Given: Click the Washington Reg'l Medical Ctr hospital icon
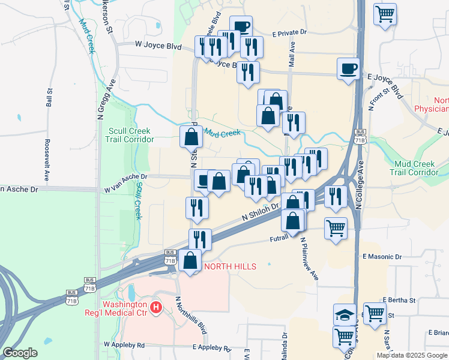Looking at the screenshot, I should pyautogui.click(x=156, y=308).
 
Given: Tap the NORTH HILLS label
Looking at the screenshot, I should pyautogui.click(x=231, y=266).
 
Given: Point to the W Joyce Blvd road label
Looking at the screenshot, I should pyautogui.click(x=158, y=44).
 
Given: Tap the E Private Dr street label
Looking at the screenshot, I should pyautogui.click(x=289, y=34).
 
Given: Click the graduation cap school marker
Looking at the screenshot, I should pyautogui.click(x=344, y=314).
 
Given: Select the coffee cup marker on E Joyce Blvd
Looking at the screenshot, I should pyautogui.click(x=348, y=69).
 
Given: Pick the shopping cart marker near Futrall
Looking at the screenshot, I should pyautogui.click(x=336, y=227).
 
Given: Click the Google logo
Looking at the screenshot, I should pyautogui.click(x=20, y=353).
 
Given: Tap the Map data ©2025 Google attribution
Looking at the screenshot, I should pyautogui.click(x=412, y=355).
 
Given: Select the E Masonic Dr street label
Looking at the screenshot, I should pyautogui.click(x=382, y=257).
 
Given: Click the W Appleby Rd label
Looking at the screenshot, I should pyautogui.click(x=124, y=345).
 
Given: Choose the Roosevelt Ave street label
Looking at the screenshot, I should pyautogui.click(x=47, y=160).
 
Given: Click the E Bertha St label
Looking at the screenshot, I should pyautogui.click(x=399, y=299).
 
